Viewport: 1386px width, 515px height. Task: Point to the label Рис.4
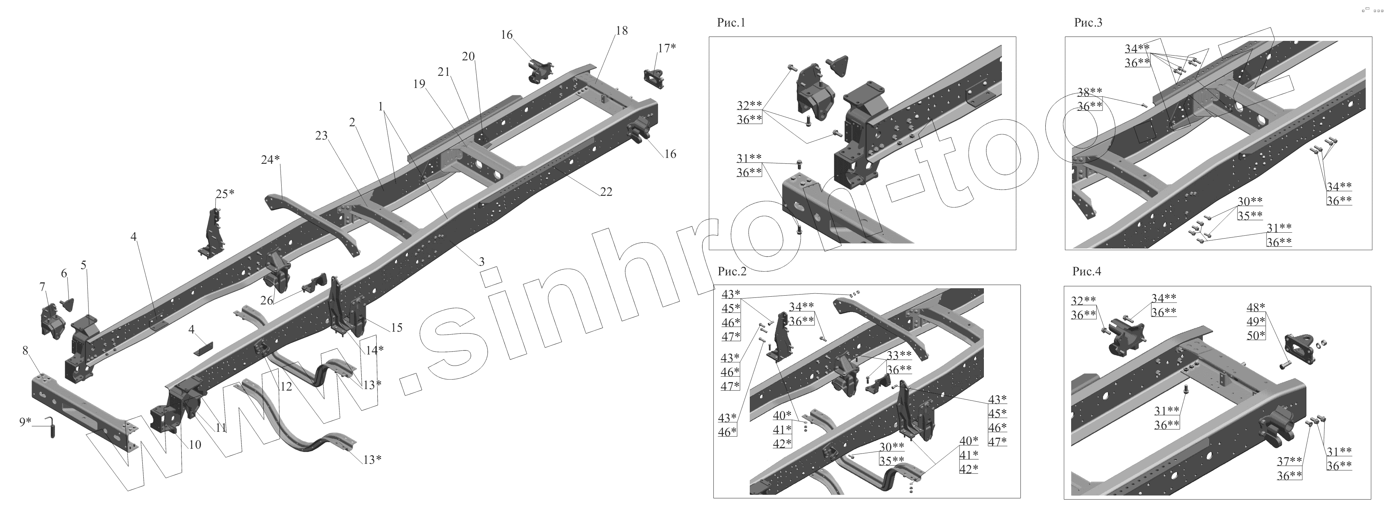(x=1087, y=271)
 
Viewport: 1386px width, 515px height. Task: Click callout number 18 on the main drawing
(x=621, y=31)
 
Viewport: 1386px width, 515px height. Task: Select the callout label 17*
(x=666, y=48)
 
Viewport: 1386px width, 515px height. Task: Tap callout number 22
(x=606, y=192)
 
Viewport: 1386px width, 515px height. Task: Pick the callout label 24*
(x=270, y=160)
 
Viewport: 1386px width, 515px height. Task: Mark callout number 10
(x=195, y=445)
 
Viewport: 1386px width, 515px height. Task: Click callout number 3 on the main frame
(x=481, y=262)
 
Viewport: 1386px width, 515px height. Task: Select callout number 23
(x=321, y=136)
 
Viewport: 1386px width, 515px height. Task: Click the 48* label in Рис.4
(x=1256, y=307)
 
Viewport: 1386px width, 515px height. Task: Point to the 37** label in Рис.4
(x=1289, y=461)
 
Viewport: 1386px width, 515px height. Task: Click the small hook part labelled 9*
(x=52, y=429)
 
